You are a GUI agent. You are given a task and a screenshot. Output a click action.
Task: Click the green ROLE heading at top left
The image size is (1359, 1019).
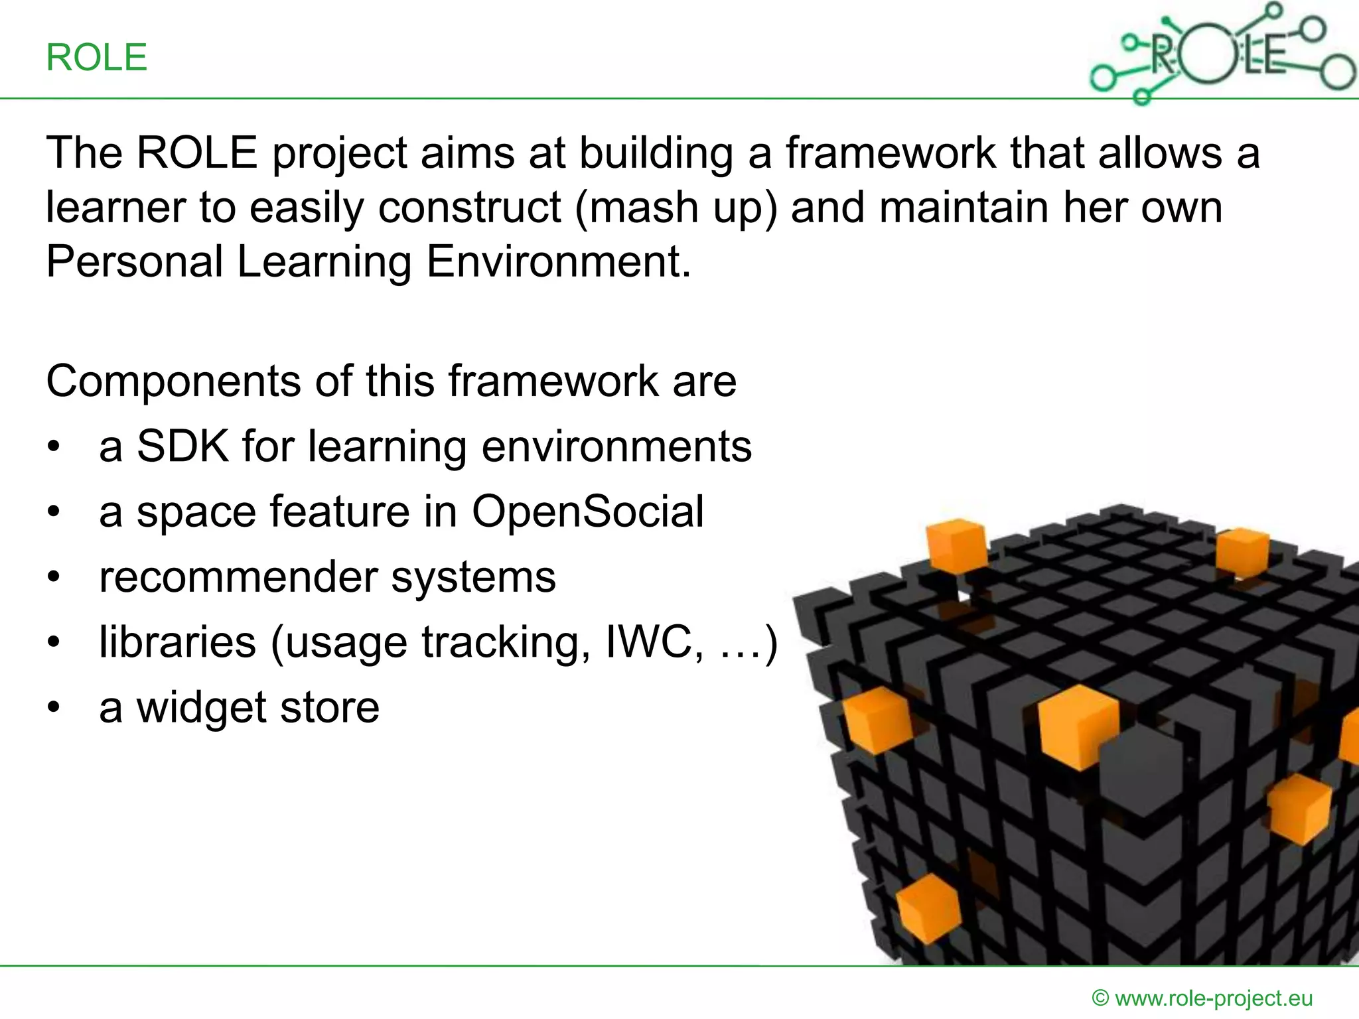96,58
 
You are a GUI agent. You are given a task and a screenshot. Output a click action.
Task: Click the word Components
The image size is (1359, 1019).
173,382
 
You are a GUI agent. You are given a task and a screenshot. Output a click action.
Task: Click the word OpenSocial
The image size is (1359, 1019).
587,512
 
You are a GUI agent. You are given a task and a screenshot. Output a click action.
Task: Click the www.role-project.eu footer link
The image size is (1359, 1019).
1214,998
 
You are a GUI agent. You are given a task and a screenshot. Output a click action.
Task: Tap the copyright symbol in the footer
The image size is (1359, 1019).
1100,998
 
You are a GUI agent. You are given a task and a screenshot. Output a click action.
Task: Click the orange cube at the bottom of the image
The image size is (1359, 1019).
928,907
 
